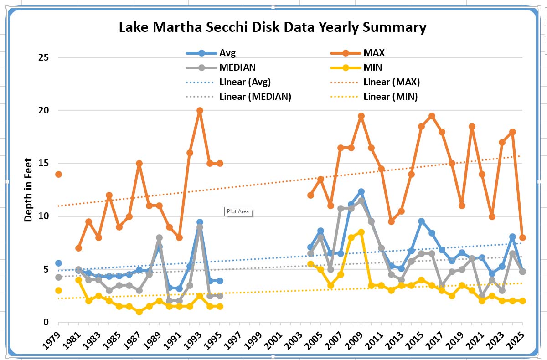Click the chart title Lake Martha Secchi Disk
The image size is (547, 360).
pyautogui.click(x=273, y=27)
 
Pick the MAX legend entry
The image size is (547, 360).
pyautogui.click(x=374, y=53)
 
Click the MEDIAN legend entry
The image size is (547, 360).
pyautogui.click(x=237, y=67)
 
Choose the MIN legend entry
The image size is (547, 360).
pyautogui.click(x=372, y=67)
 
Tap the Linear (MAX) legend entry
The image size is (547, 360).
pyautogui.click(x=391, y=82)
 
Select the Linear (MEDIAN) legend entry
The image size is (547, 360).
pyautogui.click(x=255, y=97)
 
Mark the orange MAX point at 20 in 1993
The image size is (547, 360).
pyautogui.click(x=200, y=110)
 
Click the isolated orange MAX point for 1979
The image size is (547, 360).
pyautogui.click(x=58, y=174)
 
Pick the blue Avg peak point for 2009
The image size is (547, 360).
pyautogui.click(x=361, y=192)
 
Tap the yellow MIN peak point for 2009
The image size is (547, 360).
pyautogui.click(x=361, y=232)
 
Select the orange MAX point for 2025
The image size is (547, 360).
pyautogui.click(x=522, y=237)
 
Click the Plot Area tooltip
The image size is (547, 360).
pyautogui.click(x=238, y=211)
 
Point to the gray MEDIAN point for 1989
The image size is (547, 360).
pyautogui.click(x=159, y=237)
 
